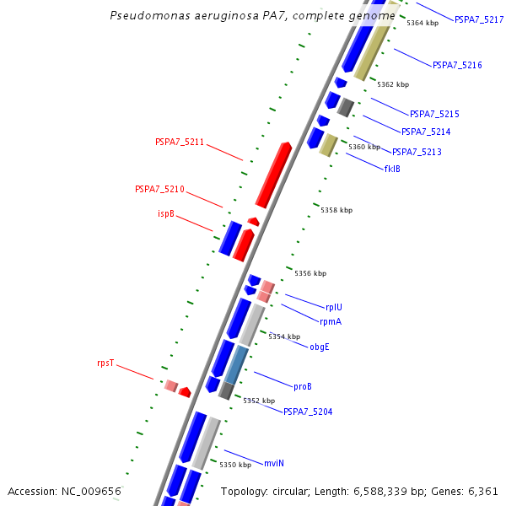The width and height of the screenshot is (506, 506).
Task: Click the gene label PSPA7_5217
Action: (479, 19)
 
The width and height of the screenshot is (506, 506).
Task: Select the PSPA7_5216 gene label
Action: (457, 65)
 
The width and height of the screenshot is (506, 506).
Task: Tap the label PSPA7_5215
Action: (434, 114)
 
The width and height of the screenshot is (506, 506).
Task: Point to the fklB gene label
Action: (392, 169)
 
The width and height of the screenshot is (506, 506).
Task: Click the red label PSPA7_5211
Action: (180, 142)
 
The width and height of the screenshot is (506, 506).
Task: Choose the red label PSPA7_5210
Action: (159, 189)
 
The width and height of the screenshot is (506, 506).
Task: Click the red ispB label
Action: (166, 213)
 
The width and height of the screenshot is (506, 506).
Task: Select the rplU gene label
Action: (334, 307)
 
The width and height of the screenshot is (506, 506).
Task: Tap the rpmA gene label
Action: (331, 321)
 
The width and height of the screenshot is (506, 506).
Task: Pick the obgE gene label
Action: (320, 347)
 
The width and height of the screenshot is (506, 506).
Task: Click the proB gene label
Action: (303, 386)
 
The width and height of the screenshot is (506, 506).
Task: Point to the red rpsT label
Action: (105, 363)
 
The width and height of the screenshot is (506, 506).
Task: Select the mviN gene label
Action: (274, 463)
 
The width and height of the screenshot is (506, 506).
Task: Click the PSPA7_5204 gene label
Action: (308, 412)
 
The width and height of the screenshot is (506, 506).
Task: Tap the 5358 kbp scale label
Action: (336, 210)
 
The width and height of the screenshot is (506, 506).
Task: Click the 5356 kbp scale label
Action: (310, 273)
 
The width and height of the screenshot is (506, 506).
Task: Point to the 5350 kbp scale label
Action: (235, 465)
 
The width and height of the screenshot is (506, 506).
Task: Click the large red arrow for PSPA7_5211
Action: (273, 175)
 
